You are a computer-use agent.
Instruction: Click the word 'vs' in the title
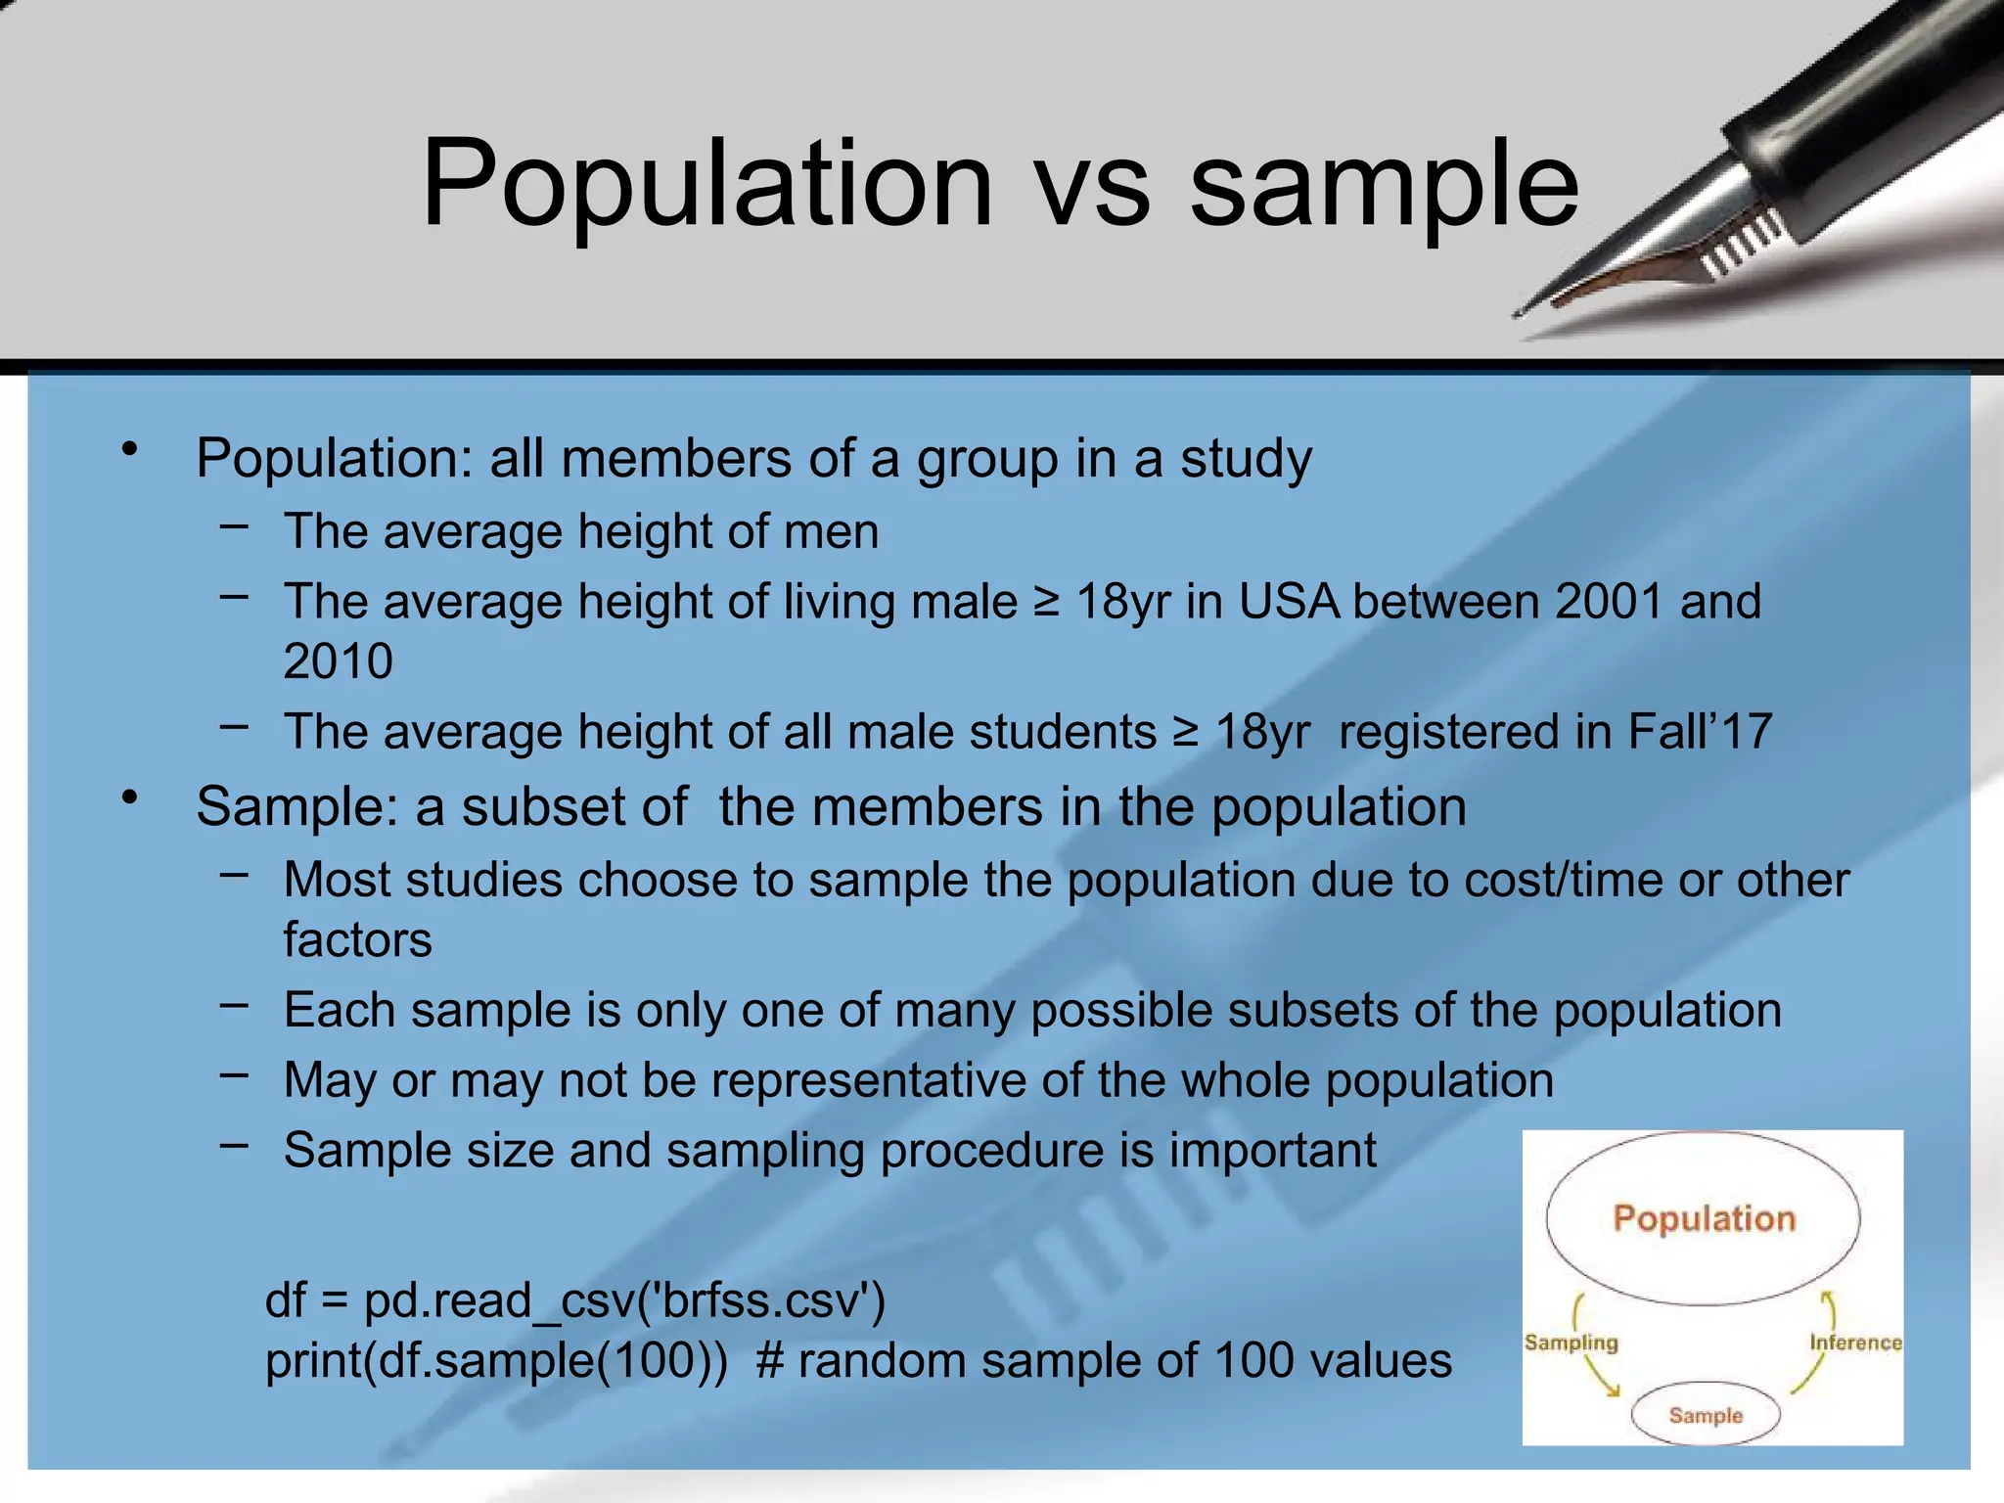coord(1093,185)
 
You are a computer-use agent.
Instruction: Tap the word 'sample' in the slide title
coord(1384,185)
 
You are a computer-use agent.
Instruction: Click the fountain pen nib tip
coord(1520,313)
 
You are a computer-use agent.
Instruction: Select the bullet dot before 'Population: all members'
coord(129,450)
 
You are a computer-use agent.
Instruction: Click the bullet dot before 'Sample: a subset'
coord(129,798)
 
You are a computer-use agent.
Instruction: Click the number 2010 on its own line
coord(338,661)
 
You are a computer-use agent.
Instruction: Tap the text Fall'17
coord(1701,731)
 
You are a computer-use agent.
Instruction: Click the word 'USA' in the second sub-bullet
coord(1289,601)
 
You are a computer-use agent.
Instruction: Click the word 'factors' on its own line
coord(357,939)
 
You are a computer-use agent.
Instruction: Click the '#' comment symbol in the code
coord(770,1361)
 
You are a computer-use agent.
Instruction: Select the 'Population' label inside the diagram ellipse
coord(1704,1219)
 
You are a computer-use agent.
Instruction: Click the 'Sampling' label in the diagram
coord(1571,1343)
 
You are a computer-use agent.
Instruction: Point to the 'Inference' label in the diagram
coord(1855,1343)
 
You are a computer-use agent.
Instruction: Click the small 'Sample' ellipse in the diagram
coord(1706,1415)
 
